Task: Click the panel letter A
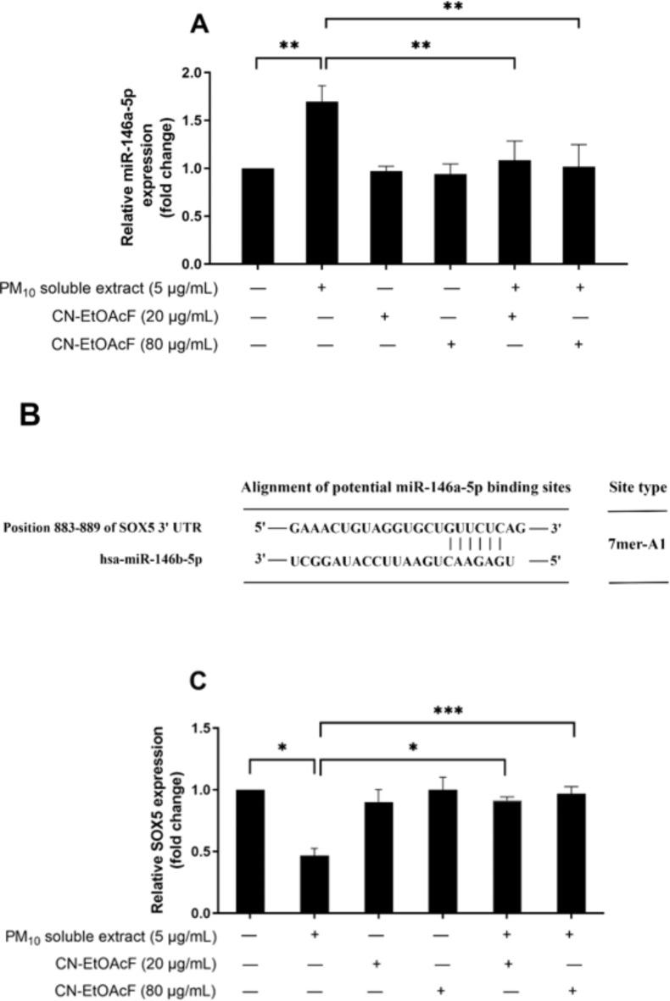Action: click(x=199, y=26)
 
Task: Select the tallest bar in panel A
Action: click(x=321, y=182)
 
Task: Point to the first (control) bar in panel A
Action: click(x=257, y=216)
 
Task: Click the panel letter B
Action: click(x=29, y=415)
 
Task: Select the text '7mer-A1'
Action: click(x=637, y=544)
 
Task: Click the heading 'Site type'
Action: click(x=637, y=487)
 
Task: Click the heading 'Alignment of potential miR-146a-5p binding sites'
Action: click(x=405, y=487)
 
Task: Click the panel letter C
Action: click(x=199, y=683)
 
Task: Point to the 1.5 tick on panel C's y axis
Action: click(x=200, y=728)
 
